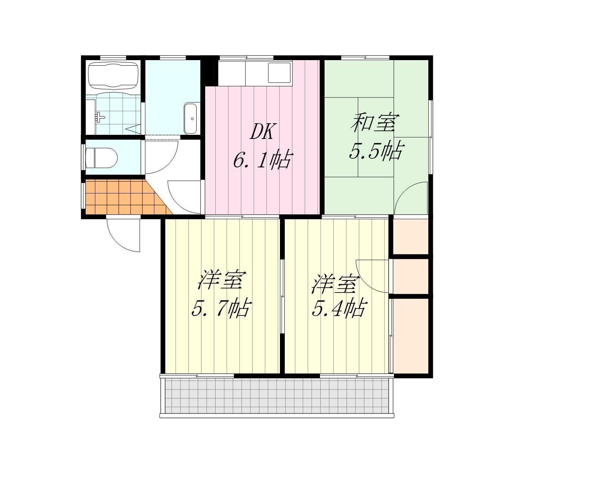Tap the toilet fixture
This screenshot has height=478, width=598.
tap(101, 158)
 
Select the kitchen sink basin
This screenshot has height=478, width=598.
tap(279, 72)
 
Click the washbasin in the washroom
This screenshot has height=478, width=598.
tap(190, 119)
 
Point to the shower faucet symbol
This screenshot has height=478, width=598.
tap(100, 117)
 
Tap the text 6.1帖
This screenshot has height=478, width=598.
tap(262, 160)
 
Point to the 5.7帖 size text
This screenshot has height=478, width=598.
tap(222, 307)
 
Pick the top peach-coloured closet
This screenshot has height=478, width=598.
tap(410, 236)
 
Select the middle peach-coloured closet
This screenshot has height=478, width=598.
tap(410, 276)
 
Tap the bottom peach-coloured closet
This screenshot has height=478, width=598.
tap(410, 336)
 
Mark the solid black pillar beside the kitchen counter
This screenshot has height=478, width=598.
tap(209, 71)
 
